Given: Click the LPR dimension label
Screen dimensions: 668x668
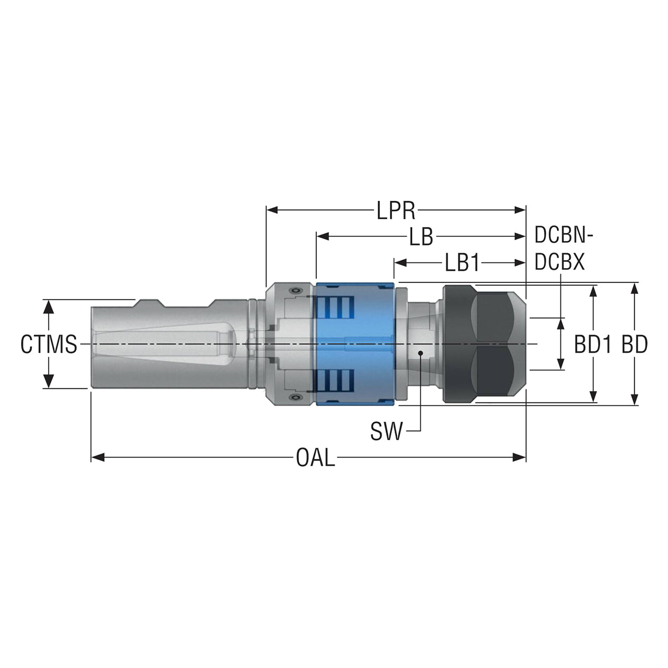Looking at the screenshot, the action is click(x=396, y=210).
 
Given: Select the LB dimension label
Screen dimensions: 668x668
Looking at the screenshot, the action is click(x=421, y=237).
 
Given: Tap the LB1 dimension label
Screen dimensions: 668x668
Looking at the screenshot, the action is click(x=462, y=263).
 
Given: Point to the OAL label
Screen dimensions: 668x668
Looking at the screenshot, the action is click(x=315, y=457).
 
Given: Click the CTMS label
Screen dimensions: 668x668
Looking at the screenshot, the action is click(x=49, y=344).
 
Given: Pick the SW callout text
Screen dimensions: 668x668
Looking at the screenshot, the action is click(x=386, y=431).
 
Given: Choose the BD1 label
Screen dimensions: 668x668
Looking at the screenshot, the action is click(x=592, y=344).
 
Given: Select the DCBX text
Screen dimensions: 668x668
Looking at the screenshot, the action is click(x=559, y=262).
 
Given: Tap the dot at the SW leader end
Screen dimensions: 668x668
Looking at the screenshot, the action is click(x=421, y=353).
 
